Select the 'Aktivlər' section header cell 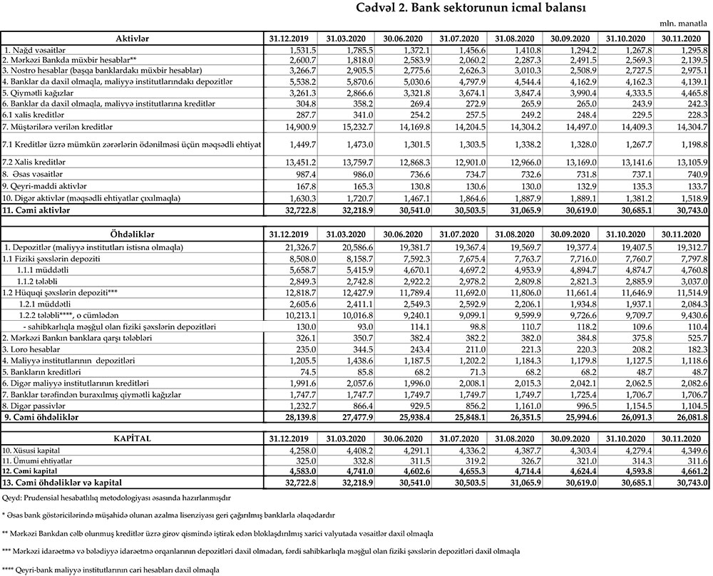click(131, 37)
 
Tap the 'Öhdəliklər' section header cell click(131, 234)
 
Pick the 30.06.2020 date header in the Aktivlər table click(403, 37)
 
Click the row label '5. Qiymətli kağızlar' click(35, 92)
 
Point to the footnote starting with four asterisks click(111, 570)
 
